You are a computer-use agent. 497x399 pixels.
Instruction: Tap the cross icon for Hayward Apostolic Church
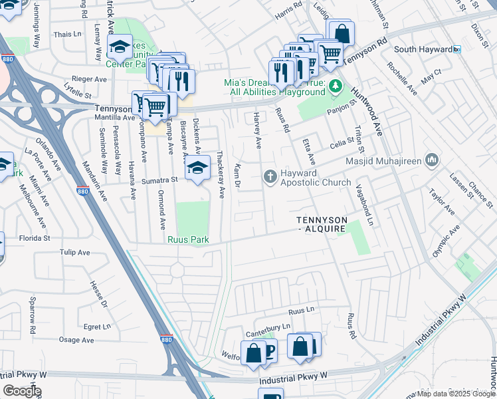(x=270, y=176)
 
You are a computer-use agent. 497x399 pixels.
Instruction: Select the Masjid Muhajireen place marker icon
(x=432, y=160)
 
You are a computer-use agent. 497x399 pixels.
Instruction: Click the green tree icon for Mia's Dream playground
(x=336, y=86)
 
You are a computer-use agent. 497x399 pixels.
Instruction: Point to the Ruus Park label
(x=188, y=239)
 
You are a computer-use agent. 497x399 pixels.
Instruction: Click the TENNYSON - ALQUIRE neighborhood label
(x=321, y=224)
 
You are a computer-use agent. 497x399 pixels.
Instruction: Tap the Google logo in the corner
(x=22, y=390)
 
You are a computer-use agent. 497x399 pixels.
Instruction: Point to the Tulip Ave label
(x=74, y=253)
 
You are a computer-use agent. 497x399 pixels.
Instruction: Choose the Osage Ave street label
(x=76, y=340)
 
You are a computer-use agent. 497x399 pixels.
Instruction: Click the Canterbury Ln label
(x=268, y=327)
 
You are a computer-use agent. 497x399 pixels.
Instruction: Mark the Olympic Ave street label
(x=446, y=243)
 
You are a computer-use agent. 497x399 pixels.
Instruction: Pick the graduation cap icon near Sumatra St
(x=197, y=168)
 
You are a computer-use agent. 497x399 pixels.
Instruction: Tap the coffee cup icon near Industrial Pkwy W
(x=267, y=351)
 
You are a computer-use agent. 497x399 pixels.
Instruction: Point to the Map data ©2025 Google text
(x=455, y=394)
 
